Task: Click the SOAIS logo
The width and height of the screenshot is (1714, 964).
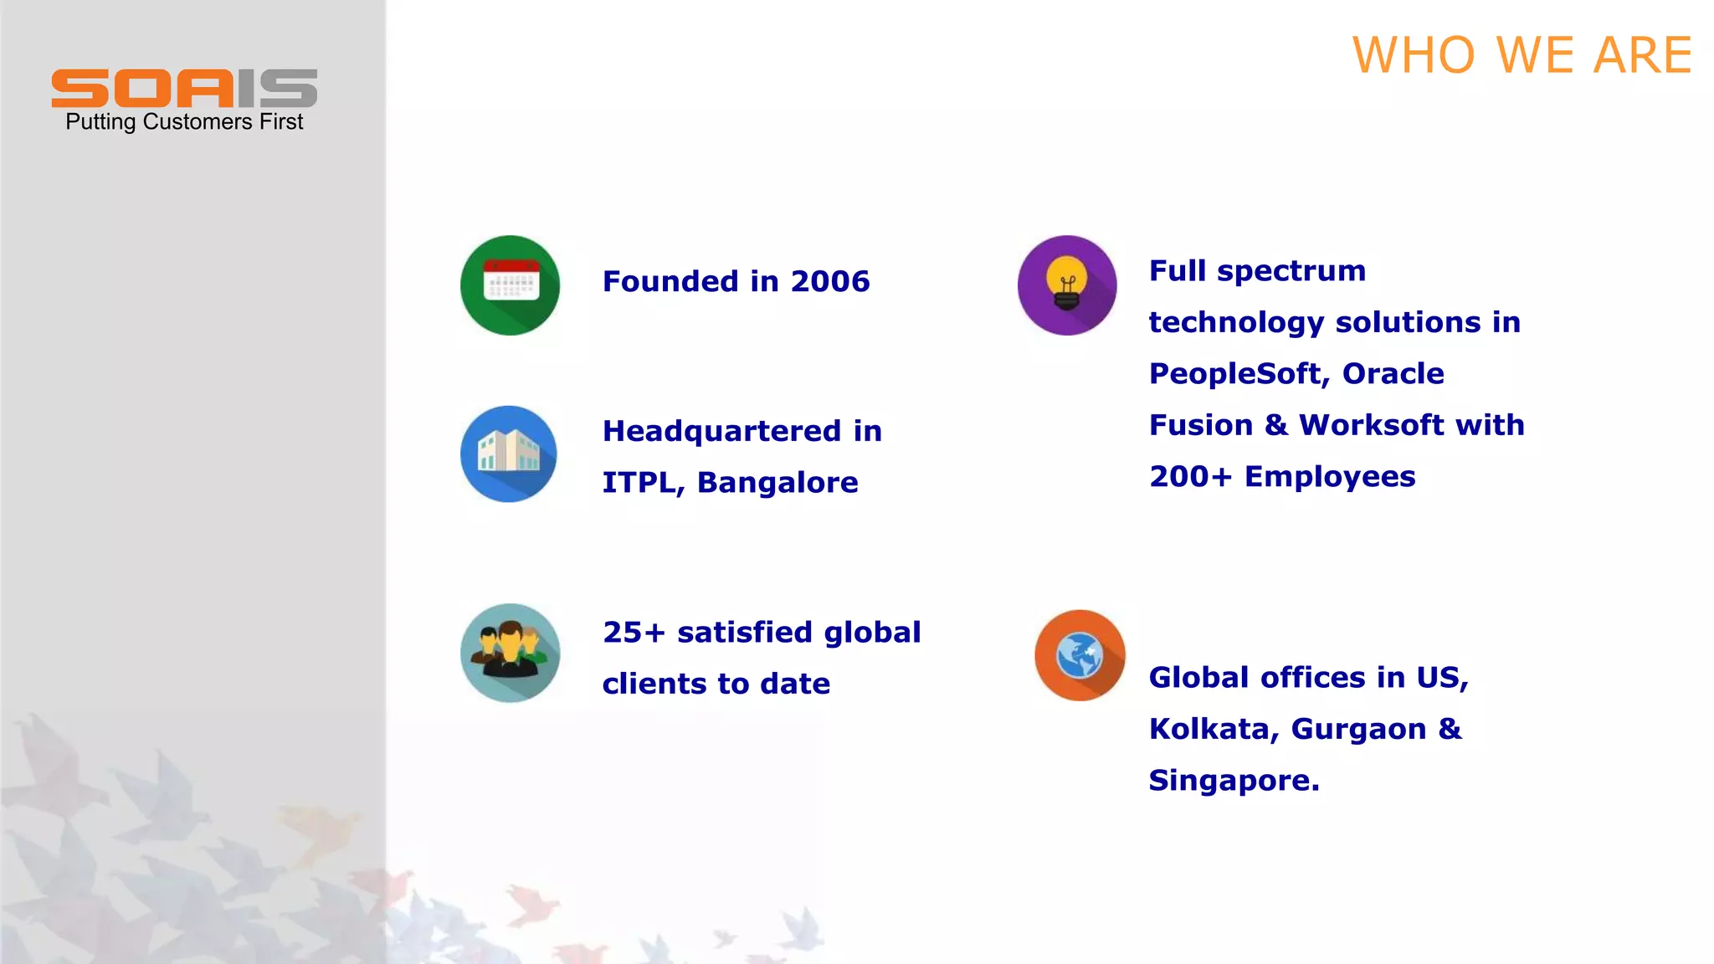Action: [184, 88]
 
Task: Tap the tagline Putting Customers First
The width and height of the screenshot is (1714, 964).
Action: [184, 122]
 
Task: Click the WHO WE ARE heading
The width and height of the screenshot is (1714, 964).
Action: [1522, 56]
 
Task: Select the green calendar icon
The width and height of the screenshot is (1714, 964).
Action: [510, 285]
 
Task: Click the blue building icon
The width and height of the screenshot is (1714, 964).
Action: [509, 454]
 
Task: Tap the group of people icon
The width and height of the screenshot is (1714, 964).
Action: [510, 653]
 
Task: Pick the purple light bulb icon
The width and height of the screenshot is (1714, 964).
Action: [1067, 285]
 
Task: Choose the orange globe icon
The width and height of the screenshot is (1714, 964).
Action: [1080, 655]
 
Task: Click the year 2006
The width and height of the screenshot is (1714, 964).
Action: [830, 282]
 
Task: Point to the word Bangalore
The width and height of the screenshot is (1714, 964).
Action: [777, 483]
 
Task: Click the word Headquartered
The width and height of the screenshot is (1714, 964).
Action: [721, 432]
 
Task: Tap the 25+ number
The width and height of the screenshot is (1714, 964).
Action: [634, 633]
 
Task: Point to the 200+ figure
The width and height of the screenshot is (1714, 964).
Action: [1190, 477]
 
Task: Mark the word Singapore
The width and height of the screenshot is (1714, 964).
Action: [1233, 781]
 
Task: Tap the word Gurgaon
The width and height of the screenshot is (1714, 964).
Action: [1358, 729]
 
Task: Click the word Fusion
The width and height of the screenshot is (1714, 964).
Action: [1200, 425]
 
